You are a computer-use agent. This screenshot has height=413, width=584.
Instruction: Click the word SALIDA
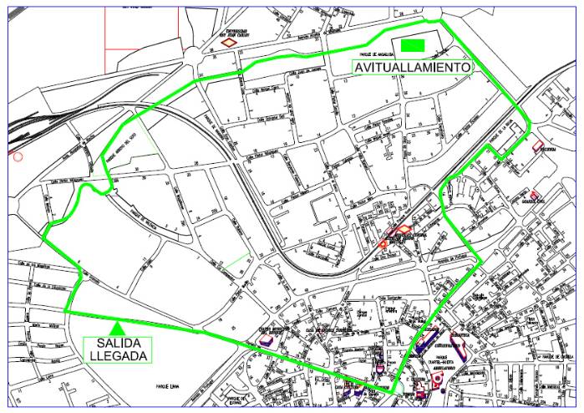tap(118, 343)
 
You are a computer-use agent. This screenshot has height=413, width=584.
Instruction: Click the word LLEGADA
tap(118, 355)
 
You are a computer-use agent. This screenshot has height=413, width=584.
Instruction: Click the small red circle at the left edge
tap(18, 155)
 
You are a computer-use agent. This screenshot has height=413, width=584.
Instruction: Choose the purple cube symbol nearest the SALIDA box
tap(267, 339)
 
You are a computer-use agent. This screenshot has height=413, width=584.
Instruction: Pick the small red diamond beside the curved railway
tap(383, 243)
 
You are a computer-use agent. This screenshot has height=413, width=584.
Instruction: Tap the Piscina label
tap(549, 151)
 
